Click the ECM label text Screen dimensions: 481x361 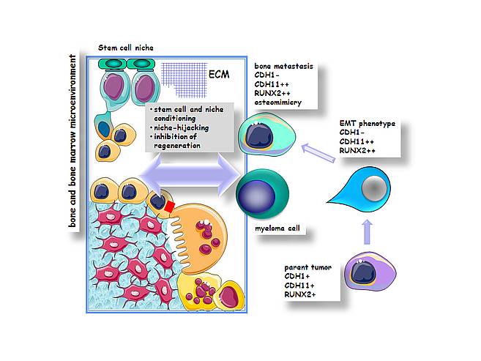219,74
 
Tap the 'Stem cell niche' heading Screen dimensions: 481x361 126,48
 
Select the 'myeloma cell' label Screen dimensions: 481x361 277,228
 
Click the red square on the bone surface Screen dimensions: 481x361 169,206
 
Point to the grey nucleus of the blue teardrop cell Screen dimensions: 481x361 374,188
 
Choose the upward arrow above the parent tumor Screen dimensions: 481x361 368,232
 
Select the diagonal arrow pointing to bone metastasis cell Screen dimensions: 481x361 318,153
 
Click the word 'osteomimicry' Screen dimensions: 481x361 278,103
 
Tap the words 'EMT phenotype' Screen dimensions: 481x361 368,124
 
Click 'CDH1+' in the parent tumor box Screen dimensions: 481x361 297,276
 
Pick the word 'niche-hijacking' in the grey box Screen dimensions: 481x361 182,127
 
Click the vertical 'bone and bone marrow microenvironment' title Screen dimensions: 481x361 72,141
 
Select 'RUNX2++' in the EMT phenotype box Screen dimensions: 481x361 357,151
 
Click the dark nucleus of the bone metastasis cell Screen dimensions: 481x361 259,135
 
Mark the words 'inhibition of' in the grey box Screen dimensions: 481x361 175,136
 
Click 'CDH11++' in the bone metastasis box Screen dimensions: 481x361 272,84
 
